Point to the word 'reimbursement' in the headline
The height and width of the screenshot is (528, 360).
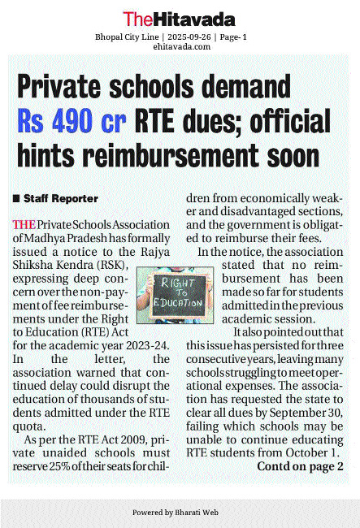point(199,155)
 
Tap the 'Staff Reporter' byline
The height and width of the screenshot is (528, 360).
point(61,198)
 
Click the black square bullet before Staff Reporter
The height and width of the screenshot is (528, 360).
point(16,198)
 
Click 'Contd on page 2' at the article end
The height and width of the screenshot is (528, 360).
point(300,466)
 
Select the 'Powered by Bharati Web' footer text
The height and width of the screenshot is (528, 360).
point(180,513)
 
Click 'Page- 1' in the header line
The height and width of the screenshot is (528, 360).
point(232,37)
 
